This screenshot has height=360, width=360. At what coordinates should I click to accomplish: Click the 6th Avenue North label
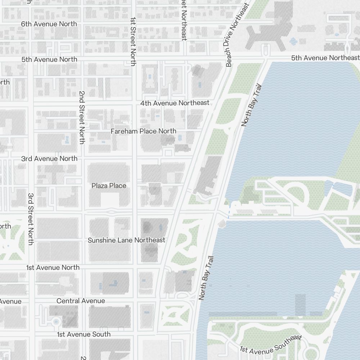pos(49,24)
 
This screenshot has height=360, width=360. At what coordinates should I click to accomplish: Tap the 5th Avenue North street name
pos(49,59)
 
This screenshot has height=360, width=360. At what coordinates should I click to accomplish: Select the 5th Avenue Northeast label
pos(325,58)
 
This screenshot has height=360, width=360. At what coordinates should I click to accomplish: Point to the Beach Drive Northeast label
pos(237,35)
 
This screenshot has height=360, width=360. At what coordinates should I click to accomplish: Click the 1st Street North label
pos(133,41)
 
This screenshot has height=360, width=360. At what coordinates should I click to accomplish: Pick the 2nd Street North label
pos(82,117)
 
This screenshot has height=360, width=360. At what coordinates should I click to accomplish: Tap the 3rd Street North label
pos(31,219)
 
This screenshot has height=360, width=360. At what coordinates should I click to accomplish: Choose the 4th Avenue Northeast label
pos(175,103)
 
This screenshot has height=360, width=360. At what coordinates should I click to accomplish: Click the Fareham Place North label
pos(143,131)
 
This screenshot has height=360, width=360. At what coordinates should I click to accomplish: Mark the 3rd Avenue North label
pos(49,158)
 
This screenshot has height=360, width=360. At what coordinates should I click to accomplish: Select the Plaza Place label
pos(109,186)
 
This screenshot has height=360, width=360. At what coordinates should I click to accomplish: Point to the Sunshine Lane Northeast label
pos(126,240)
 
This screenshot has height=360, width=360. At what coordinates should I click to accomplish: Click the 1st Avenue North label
pos(53,267)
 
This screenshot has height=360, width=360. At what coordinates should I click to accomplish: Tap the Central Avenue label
pos(81,301)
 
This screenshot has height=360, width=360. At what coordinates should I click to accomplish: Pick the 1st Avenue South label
pos(84,334)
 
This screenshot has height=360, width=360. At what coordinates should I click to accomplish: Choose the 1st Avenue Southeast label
pos(270,344)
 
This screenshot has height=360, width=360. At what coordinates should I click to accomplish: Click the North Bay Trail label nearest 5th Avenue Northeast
pos(251,105)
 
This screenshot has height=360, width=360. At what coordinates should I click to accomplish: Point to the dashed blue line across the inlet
pos(229,212)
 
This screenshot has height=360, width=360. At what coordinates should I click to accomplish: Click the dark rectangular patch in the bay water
pos(300,305)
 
